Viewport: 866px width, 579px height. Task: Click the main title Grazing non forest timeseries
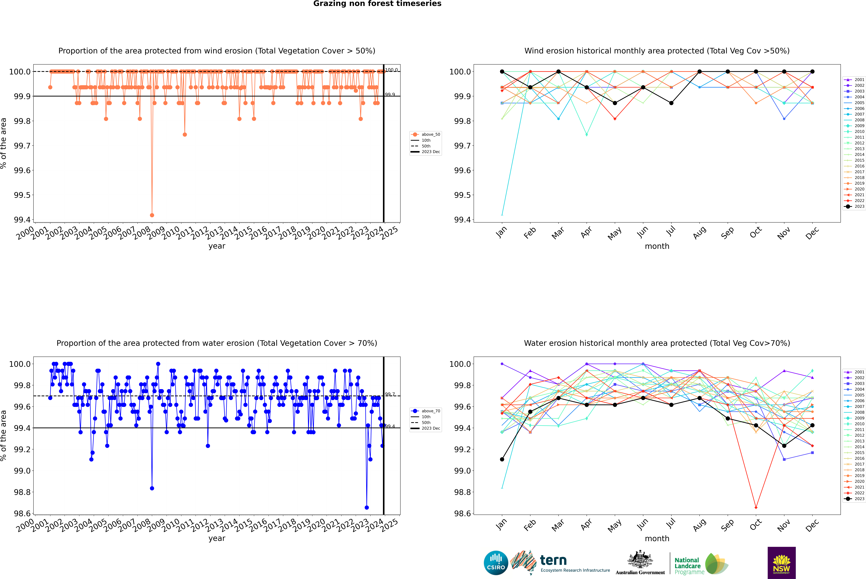[x=377, y=4]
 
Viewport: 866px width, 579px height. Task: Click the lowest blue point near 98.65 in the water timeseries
[x=367, y=507]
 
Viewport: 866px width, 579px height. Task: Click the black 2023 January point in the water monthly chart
[x=502, y=459]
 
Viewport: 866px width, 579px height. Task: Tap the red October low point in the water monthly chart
[x=756, y=507]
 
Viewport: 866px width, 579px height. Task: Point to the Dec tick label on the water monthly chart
[x=812, y=525]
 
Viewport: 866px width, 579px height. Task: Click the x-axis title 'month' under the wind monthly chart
[x=657, y=246]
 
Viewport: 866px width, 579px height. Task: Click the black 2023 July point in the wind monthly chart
[x=671, y=103]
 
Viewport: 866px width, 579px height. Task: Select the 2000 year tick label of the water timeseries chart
[x=25, y=526]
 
